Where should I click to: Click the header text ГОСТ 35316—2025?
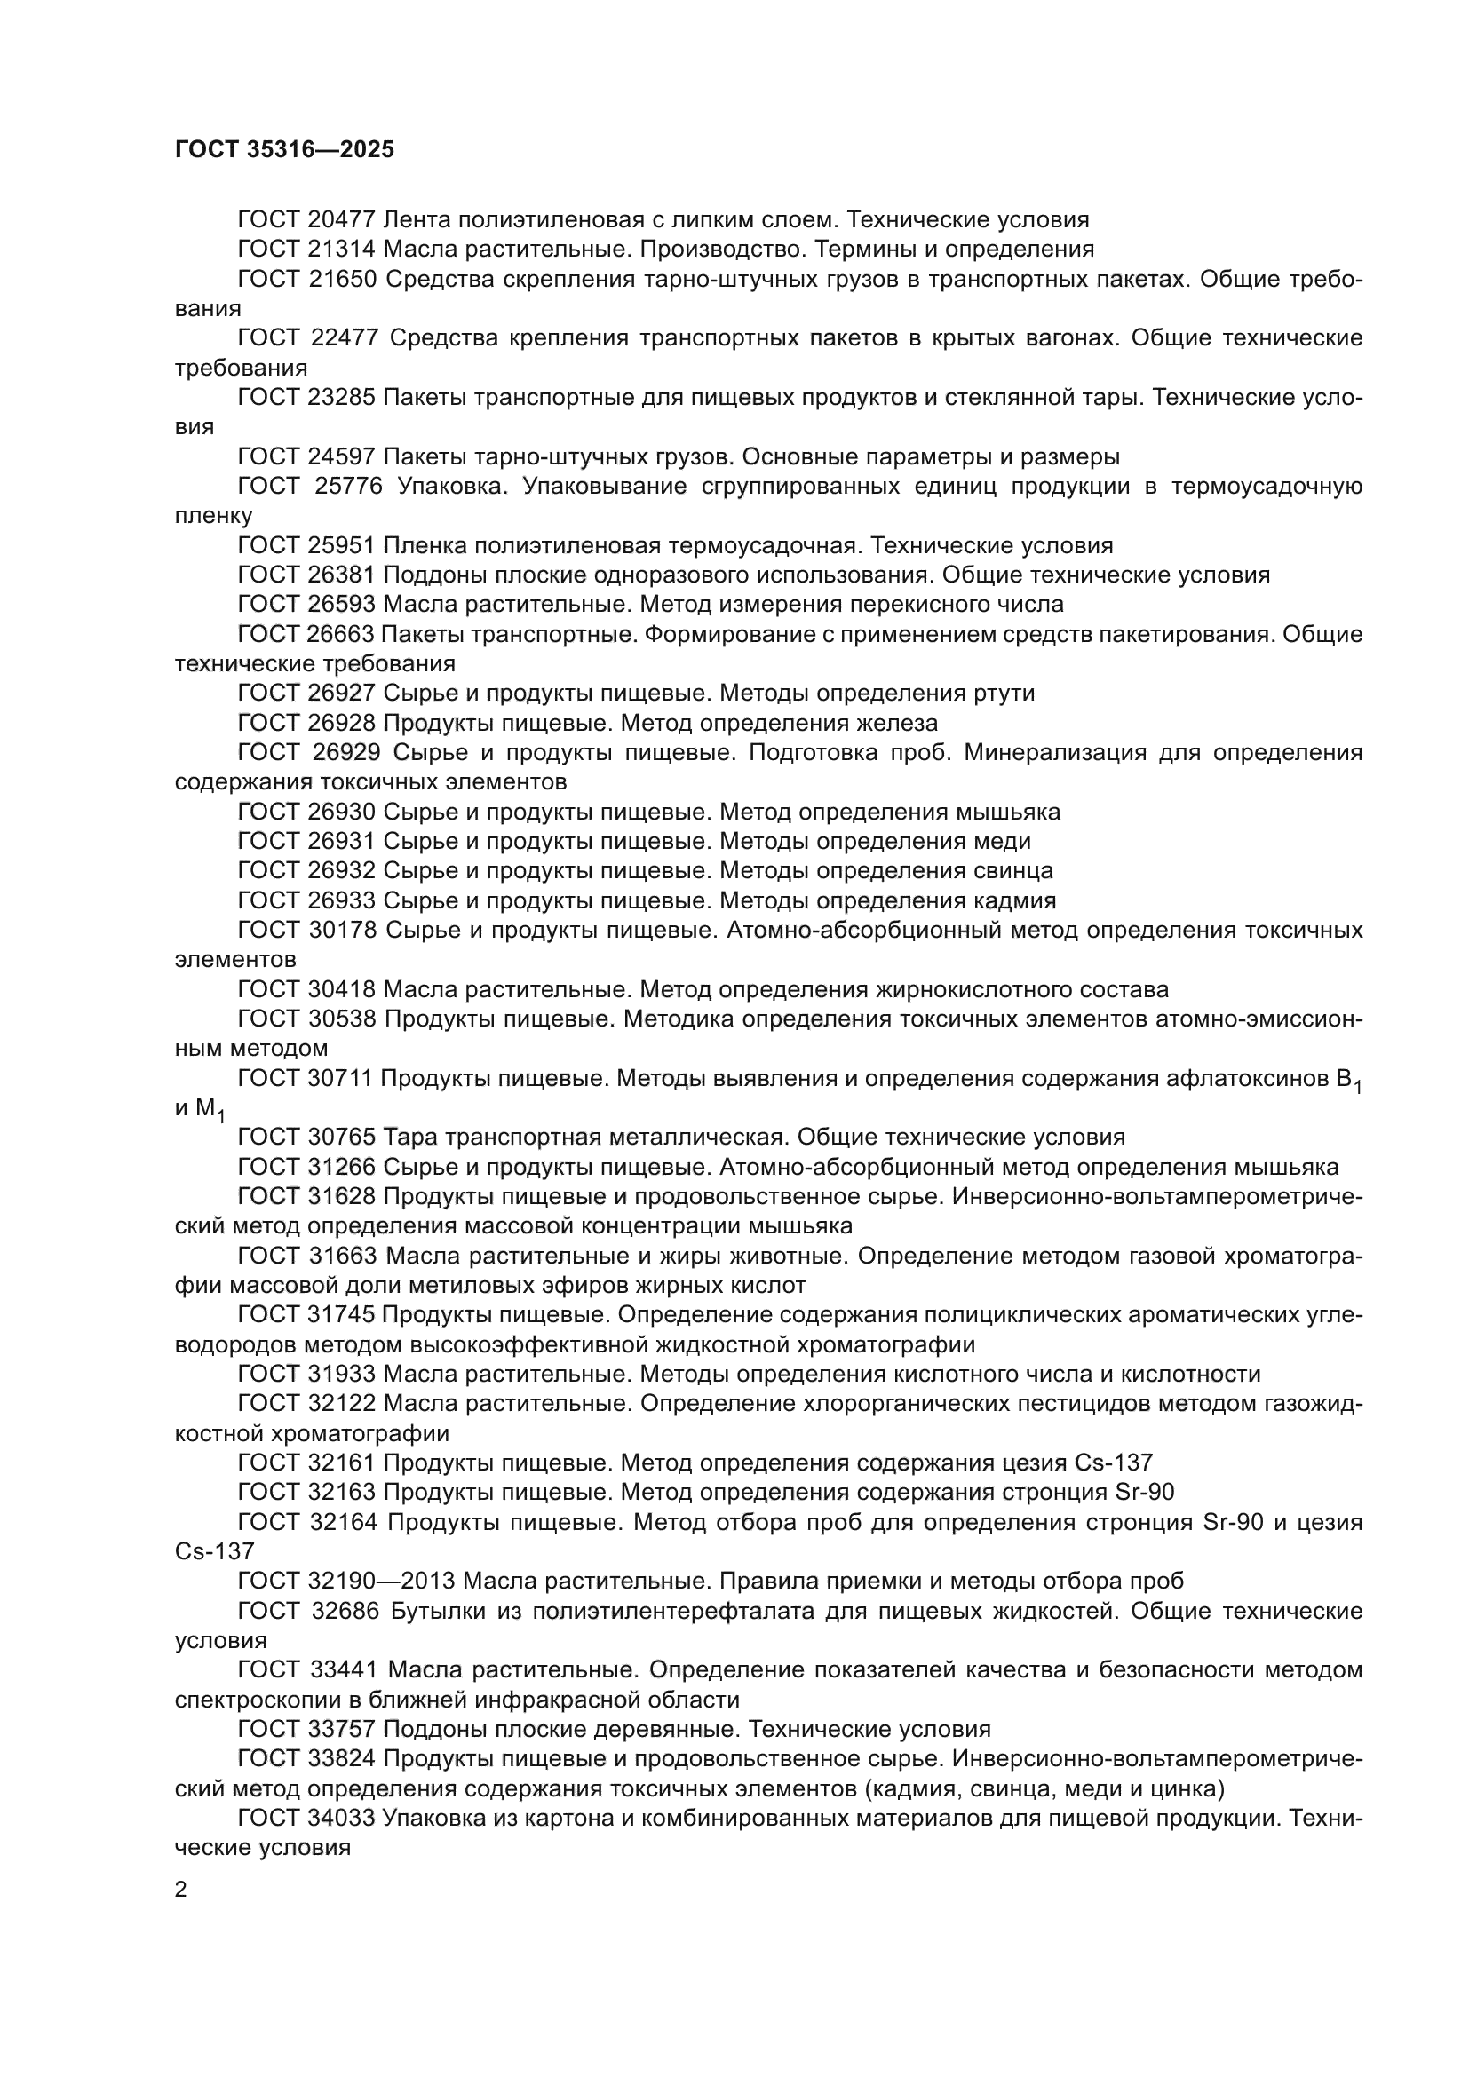click(284, 149)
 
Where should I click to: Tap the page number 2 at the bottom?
click(181, 1891)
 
